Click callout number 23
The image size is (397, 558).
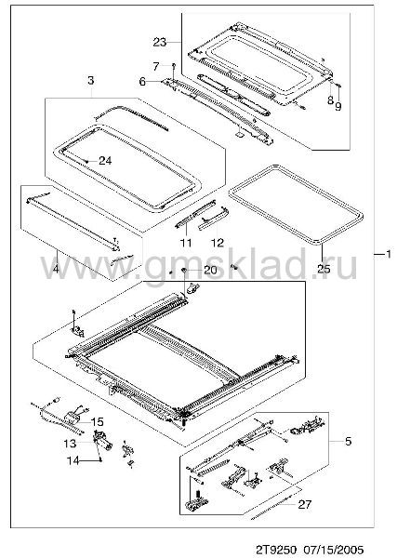point(160,43)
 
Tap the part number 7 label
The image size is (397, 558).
point(156,66)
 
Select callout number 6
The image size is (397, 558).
point(142,82)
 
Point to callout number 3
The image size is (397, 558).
point(91,80)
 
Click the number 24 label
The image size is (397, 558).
point(105,161)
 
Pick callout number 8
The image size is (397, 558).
point(330,100)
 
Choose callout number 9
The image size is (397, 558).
point(337,106)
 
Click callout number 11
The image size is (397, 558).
point(186,243)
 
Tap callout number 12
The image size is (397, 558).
point(218,243)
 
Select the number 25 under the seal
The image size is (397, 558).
point(324,269)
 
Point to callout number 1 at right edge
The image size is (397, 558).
point(389,254)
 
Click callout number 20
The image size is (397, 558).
point(210,270)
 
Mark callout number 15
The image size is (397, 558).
point(97,422)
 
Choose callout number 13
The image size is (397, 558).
point(70,444)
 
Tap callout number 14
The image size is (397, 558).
point(73,461)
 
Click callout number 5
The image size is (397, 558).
point(348,441)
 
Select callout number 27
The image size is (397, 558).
point(305,504)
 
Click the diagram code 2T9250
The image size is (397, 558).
point(276,550)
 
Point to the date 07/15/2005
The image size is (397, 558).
point(334,550)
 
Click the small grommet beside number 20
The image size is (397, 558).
point(185,270)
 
